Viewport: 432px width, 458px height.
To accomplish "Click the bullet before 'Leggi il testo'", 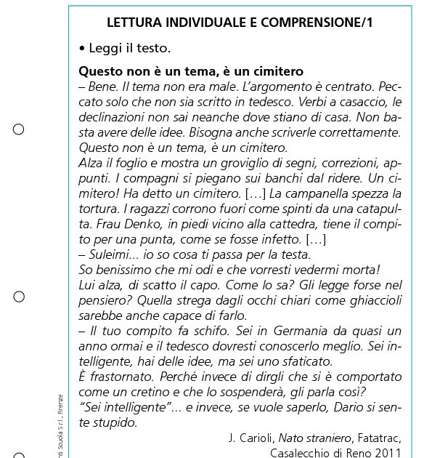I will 82,49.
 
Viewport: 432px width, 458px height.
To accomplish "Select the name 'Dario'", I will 341,407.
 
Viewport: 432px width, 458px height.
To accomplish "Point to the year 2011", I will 387,452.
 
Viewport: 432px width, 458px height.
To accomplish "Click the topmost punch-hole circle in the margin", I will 19,129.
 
